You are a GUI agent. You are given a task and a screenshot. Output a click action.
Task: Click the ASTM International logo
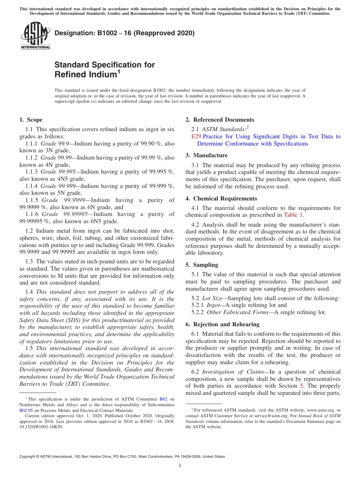35,36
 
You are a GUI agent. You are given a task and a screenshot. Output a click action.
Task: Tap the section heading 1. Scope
31,120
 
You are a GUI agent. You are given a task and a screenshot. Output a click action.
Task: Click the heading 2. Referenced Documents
220,120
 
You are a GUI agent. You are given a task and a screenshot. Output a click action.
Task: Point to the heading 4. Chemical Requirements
221,199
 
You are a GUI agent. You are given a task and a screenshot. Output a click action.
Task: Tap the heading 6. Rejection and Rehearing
222,324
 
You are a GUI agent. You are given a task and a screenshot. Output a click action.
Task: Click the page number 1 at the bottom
180,466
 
